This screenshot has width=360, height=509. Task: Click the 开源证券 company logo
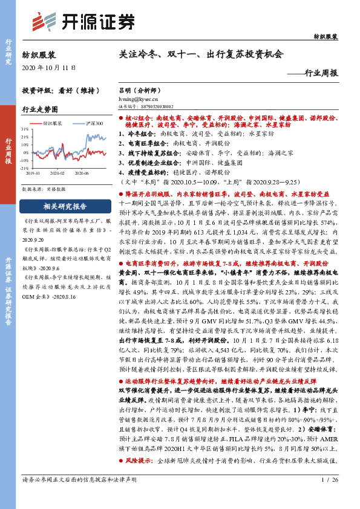pos(82,22)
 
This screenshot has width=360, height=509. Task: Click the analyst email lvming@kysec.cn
pos(137,97)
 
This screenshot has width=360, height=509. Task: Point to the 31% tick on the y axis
pos(25,129)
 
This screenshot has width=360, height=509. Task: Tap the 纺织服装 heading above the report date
pos(39,54)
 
